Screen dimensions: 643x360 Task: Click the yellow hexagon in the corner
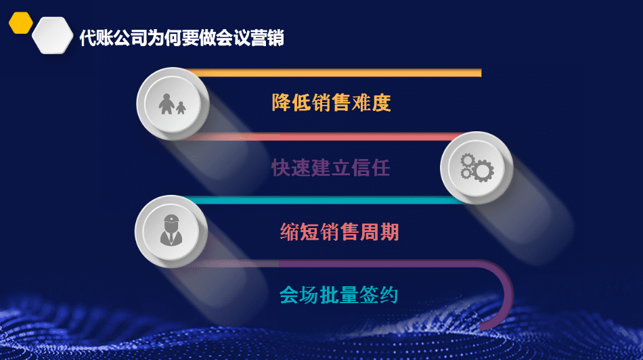[20, 23]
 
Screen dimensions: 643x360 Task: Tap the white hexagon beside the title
[53, 35]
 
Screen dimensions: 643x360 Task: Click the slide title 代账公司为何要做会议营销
[181, 38]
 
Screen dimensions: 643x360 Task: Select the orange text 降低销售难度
[331, 102]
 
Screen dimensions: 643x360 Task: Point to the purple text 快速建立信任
[330, 168]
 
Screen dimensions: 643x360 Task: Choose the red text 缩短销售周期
[339, 231]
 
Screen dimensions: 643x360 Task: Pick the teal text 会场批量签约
[338, 295]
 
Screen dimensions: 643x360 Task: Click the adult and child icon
[172, 104]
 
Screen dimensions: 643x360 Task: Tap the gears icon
[477, 168]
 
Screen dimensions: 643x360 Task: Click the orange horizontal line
[334, 73]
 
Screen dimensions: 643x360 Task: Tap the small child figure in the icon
[181, 108]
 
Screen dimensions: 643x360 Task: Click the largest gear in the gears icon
[483, 171]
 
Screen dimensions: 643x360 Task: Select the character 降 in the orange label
[281, 102]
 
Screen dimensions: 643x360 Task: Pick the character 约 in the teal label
[389, 295]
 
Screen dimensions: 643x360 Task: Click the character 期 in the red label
[389, 231]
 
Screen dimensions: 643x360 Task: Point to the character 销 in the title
[275, 38]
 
